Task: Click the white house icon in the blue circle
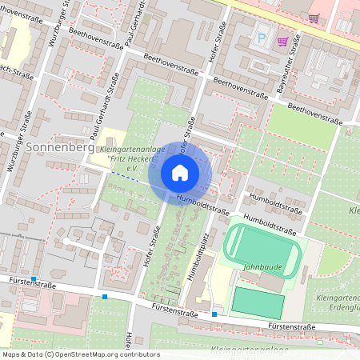pyautogui.click(x=180, y=172)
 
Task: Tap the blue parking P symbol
pyautogui.click(x=261, y=37)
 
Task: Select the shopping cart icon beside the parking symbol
pyautogui.click(x=282, y=41)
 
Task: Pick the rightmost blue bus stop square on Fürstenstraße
pyautogui.click(x=214, y=314)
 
